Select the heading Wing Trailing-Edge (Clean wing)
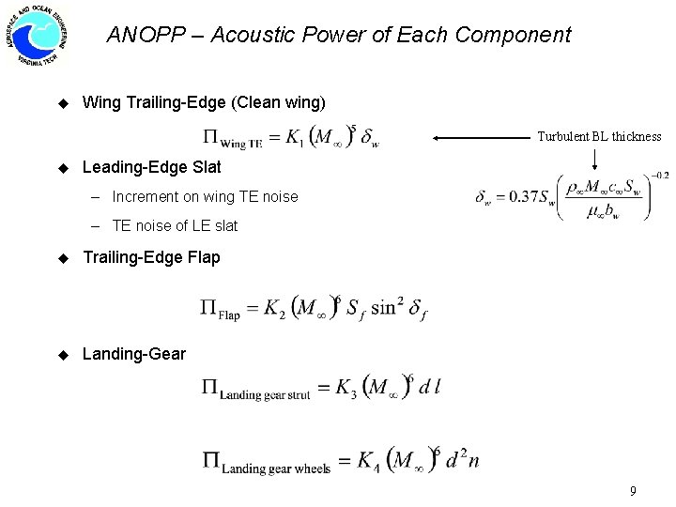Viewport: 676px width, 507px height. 204,101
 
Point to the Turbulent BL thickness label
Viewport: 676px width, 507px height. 599,137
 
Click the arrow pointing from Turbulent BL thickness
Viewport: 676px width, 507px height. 479,137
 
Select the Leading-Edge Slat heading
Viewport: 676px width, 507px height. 152,167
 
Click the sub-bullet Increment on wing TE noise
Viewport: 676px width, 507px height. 205,197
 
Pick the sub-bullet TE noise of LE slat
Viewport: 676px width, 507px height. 175,225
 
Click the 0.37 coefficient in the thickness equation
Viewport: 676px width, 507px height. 519,197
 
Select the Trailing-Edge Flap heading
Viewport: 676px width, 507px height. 152,257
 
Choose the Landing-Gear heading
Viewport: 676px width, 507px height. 134,355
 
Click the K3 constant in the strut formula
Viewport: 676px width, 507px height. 348,387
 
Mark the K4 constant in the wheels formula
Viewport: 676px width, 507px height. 369,461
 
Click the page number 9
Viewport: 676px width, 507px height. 634,491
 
